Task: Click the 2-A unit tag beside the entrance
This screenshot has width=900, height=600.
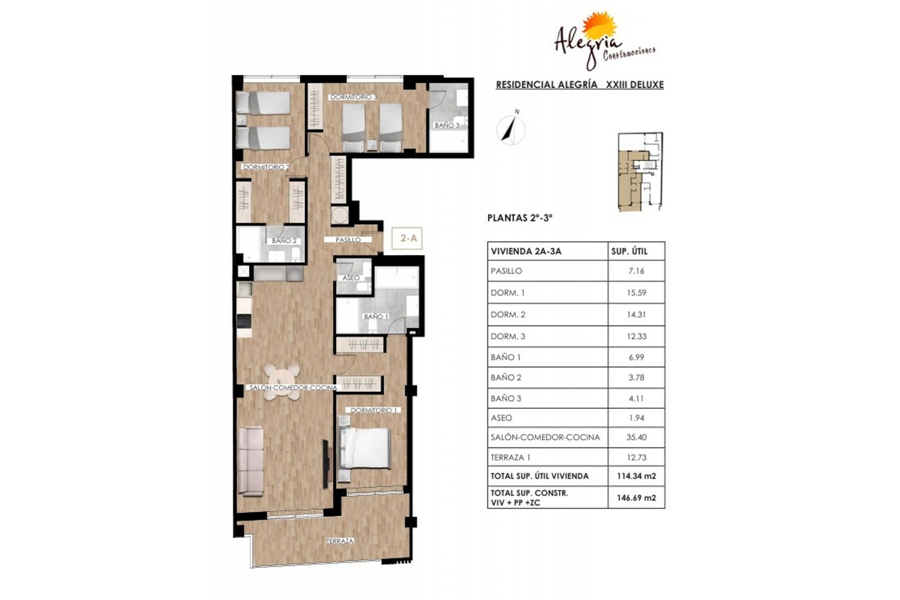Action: tap(407, 238)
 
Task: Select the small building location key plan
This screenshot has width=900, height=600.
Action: tap(640, 172)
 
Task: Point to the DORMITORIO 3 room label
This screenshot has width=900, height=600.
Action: tap(353, 97)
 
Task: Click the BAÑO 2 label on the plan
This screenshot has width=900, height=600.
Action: tap(284, 240)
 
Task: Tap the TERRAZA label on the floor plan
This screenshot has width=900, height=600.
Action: tap(340, 541)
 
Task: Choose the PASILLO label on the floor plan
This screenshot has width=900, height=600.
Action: tap(348, 240)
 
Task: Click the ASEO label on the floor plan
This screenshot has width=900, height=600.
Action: tap(351, 278)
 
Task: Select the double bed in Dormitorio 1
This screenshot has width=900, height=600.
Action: tap(365, 448)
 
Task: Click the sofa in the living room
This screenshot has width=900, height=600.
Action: tap(251, 460)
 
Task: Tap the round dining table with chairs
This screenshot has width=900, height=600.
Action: tap(282, 382)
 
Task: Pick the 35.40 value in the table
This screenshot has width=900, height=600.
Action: tap(636, 437)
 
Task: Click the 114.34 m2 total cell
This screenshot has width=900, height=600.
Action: tap(636, 476)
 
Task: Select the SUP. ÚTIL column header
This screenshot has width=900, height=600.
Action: tap(629, 251)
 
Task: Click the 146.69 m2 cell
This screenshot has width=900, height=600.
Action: tap(636, 498)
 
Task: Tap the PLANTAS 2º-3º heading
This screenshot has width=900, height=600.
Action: tap(520, 218)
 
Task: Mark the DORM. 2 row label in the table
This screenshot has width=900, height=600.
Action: tap(508, 315)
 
